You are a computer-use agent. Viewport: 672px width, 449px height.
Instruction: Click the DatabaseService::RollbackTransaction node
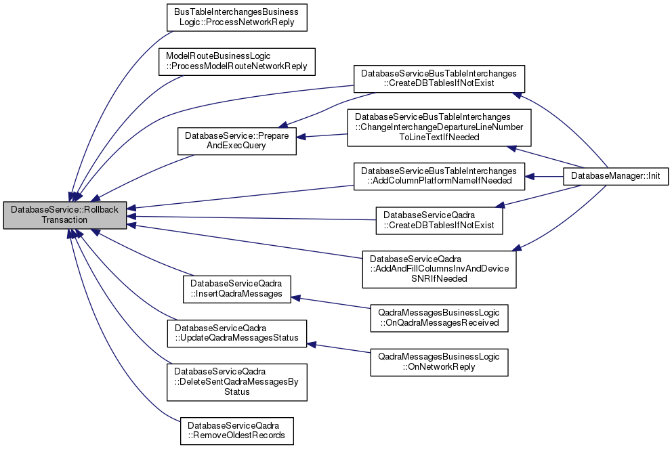(64, 215)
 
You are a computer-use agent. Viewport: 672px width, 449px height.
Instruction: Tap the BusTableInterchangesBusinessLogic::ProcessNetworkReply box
(236, 18)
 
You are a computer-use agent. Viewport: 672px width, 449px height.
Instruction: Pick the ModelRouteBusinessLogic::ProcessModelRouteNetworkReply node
(236, 60)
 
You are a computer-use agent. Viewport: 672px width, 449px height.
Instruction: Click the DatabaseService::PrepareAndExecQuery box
(236, 141)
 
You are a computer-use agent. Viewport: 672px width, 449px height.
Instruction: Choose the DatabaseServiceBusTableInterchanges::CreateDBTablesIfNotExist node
(438, 78)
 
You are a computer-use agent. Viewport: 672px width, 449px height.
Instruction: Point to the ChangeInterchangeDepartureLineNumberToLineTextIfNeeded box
(438, 127)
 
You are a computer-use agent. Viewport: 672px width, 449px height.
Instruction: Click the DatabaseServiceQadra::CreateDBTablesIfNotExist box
(439, 219)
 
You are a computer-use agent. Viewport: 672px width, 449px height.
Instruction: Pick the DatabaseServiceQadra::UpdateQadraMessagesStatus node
(236, 333)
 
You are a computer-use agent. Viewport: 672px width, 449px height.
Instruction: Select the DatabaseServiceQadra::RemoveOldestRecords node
(236, 430)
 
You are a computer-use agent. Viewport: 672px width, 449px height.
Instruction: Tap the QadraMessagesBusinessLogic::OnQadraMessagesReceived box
(438, 318)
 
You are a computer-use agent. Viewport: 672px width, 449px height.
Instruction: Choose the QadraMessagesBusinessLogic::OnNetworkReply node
(438, 361)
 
